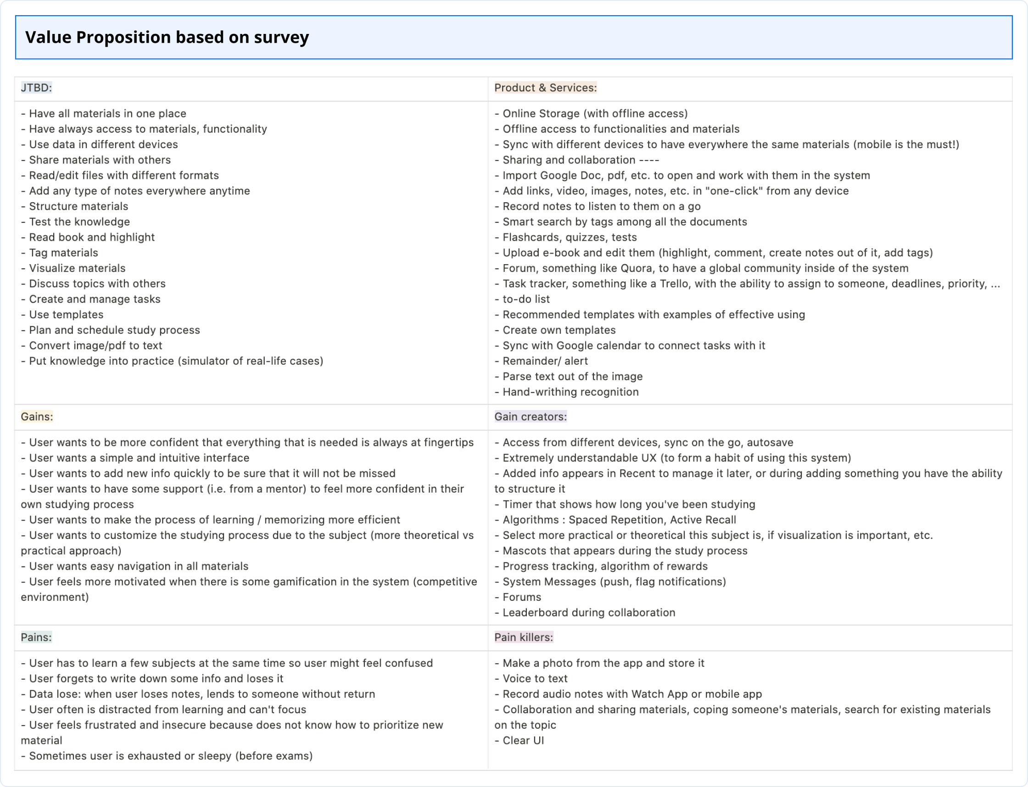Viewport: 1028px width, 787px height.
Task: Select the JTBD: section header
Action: click(x=36, y=88)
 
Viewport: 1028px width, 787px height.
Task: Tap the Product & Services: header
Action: click(x=545, y=88)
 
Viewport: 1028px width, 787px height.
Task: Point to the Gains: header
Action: click(x=37, y=416)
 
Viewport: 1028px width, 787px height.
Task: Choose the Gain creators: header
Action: click(x=530, y=416)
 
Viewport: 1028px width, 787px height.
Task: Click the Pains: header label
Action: click(x=36, y=637)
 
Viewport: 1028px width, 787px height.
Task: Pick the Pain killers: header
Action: click(x=524, y=637)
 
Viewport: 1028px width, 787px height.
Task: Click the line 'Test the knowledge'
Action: click(x=79, y=222)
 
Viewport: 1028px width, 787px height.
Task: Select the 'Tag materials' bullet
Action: click(x=63, y=253)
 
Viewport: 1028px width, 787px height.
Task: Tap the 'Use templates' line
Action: click(x=66, y=314)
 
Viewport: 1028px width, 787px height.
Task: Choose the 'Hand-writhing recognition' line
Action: click(x=570, y=392)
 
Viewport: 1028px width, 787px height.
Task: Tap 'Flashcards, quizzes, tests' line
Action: click(x=569, y=237)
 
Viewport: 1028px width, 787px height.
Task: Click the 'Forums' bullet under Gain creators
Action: click(x=521, y=597)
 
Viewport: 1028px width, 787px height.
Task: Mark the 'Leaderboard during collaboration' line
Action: click(x=588, y=612)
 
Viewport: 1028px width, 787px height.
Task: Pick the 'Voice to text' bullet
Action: click(x=534, y=678)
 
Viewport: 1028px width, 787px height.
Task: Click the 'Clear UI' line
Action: click(x=523, y=740)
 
